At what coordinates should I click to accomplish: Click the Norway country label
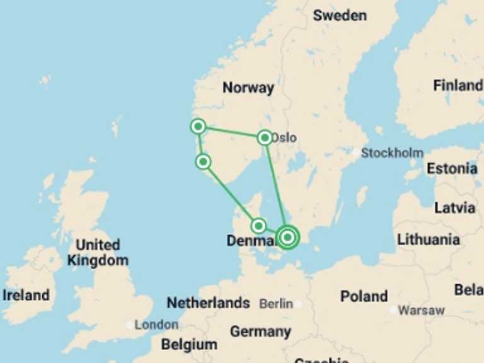248,88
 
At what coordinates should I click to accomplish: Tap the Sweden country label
340,15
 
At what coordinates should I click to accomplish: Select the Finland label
458,85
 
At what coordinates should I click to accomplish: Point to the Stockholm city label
391,153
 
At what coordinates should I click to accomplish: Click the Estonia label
452,168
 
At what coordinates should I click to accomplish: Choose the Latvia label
455,207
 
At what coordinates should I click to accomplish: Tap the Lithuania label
429,239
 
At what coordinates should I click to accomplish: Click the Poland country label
364,296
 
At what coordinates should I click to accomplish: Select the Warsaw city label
421,310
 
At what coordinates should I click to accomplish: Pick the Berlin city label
276,304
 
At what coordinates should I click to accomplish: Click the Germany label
260,331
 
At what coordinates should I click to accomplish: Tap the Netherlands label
208,303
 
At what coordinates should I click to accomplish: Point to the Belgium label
189,345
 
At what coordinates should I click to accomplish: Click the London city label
156,325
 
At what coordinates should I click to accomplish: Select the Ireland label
26,295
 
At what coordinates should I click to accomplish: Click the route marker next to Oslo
265,137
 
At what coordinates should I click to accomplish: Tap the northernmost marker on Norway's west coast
198,127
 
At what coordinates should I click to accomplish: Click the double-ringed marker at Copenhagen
287,237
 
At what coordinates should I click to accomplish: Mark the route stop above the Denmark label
258,226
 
